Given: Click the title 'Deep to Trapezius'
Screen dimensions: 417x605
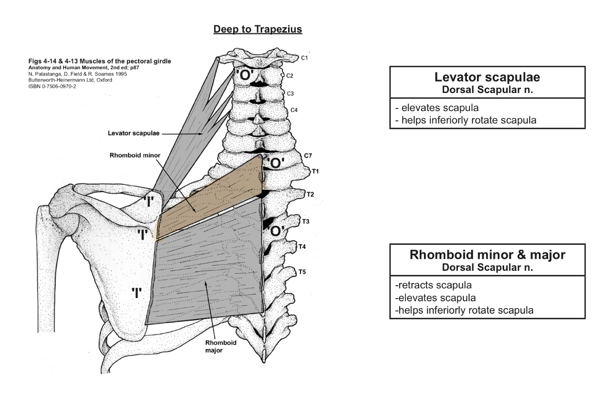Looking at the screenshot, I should [258, 29].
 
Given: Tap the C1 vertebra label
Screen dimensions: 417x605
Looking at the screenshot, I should [305, 58].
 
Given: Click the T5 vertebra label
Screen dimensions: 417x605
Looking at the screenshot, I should [303, 271].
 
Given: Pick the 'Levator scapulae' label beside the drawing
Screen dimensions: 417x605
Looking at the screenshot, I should [133, 133].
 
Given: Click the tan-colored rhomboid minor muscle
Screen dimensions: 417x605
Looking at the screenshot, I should [212, 196].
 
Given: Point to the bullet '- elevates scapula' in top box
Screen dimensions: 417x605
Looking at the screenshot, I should [430, 109].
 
